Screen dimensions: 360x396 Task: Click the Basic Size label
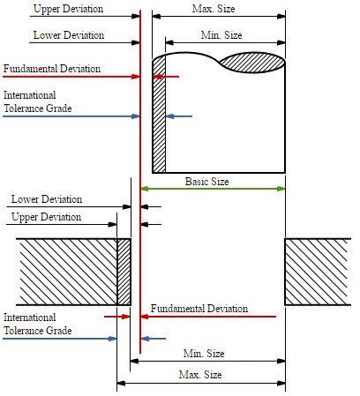[206, 182]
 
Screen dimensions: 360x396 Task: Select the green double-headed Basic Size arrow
[213, 189]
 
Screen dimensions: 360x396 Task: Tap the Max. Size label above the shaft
[214, 9]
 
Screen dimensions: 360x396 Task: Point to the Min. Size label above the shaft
[221, 35]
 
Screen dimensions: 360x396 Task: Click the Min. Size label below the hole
[204, 353]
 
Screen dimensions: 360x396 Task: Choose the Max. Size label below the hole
[200, 375]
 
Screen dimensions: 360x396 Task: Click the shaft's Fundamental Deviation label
[52, 69]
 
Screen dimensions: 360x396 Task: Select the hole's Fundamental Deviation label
[199, 309]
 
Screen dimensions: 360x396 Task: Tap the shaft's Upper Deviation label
[69, 9]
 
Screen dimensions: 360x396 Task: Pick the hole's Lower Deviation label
[47, 199]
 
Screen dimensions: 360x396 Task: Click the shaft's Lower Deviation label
[69, 35]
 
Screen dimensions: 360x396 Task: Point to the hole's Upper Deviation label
[46, 217]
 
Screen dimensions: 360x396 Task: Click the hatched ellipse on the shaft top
[252, 63]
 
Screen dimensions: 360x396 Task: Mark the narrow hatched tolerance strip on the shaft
[159, 116]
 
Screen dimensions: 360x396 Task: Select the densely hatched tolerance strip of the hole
[124, 272]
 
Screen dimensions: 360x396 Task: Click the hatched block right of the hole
[318, 272]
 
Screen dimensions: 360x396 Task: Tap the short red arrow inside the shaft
[166, 77]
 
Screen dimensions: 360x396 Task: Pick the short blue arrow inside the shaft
[179, 116]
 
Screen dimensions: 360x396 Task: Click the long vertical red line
[140, 182]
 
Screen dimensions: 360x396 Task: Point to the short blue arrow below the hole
[154, 339]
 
